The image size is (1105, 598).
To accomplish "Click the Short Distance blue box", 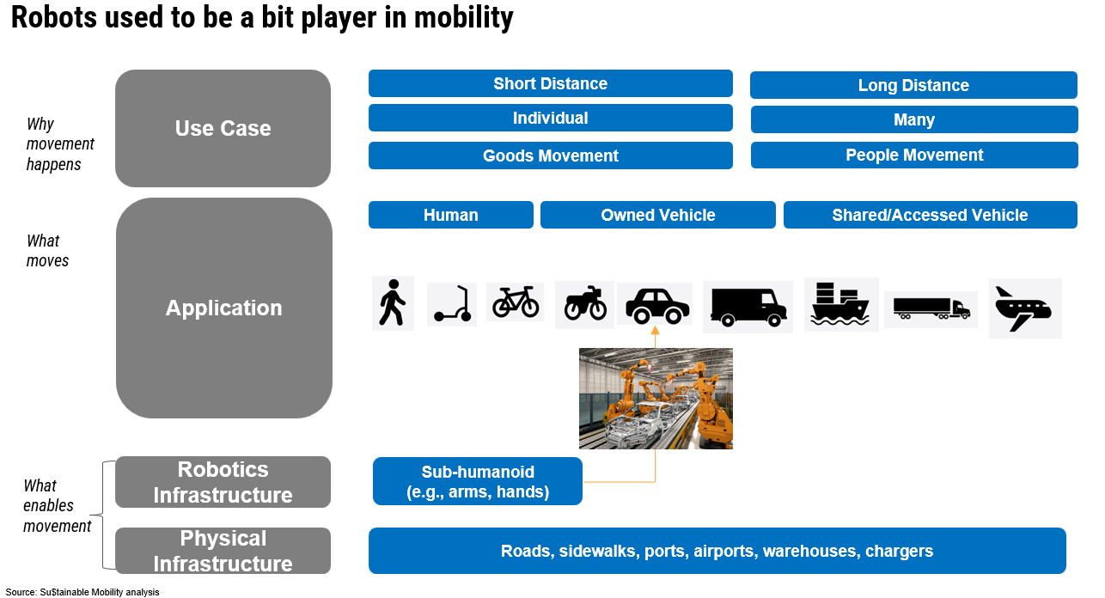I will (550, 83).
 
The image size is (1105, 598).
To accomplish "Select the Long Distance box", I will (913, 85).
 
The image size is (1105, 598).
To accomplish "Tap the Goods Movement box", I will (550, 156).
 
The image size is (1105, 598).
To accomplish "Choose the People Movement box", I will (914, 155).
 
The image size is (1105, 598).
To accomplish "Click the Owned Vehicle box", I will (657, 215).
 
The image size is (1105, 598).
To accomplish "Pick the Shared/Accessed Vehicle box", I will (930, 215).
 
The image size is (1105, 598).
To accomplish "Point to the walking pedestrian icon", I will (393, 302).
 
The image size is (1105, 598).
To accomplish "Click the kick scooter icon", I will (452, 304).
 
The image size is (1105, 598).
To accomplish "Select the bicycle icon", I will (515, 302).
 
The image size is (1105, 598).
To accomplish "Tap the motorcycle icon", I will (584, 304).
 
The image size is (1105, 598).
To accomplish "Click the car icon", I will (655, 304).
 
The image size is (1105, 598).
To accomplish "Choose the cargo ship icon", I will (840, 304).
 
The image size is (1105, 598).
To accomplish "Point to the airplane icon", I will (1024, 308).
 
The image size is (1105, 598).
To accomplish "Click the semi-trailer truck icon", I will (931, 308).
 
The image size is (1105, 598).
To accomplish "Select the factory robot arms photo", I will (656, 398).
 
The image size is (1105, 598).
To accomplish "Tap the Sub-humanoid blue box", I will (478, 482).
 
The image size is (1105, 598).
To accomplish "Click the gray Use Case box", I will (223, 128).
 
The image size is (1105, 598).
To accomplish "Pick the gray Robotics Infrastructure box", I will (223, 482).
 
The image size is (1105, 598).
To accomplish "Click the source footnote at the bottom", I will (82, 592).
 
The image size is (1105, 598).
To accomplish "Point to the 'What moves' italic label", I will (47, 250).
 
